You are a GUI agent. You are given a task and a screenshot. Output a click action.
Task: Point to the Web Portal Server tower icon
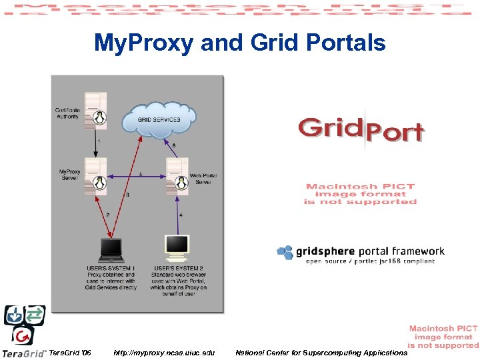(x=177, y=175)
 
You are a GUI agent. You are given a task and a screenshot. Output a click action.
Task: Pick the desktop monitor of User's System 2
(x=177, y=247)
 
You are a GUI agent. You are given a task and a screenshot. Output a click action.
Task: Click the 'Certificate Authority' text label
(x=67, y=113)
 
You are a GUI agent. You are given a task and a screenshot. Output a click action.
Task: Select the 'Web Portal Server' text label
(x=203, y=179)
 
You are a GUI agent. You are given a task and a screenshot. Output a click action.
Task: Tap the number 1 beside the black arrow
(x=99, y=141)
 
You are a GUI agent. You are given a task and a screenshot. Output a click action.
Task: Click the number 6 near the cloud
(x=174, y=145)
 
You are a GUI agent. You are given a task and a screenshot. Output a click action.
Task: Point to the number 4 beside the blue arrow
(x=181, y=215)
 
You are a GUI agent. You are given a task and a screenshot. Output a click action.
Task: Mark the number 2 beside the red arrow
(x=107, y=215)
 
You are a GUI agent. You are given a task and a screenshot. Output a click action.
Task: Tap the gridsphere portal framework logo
(x=360, y=253)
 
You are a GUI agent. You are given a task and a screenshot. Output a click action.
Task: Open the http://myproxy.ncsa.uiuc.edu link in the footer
(x=164, y=352)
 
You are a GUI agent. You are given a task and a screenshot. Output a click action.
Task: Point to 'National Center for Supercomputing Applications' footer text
(x=321, y=352)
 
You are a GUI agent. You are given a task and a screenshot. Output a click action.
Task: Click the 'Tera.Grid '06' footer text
(x=71, y=352)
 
